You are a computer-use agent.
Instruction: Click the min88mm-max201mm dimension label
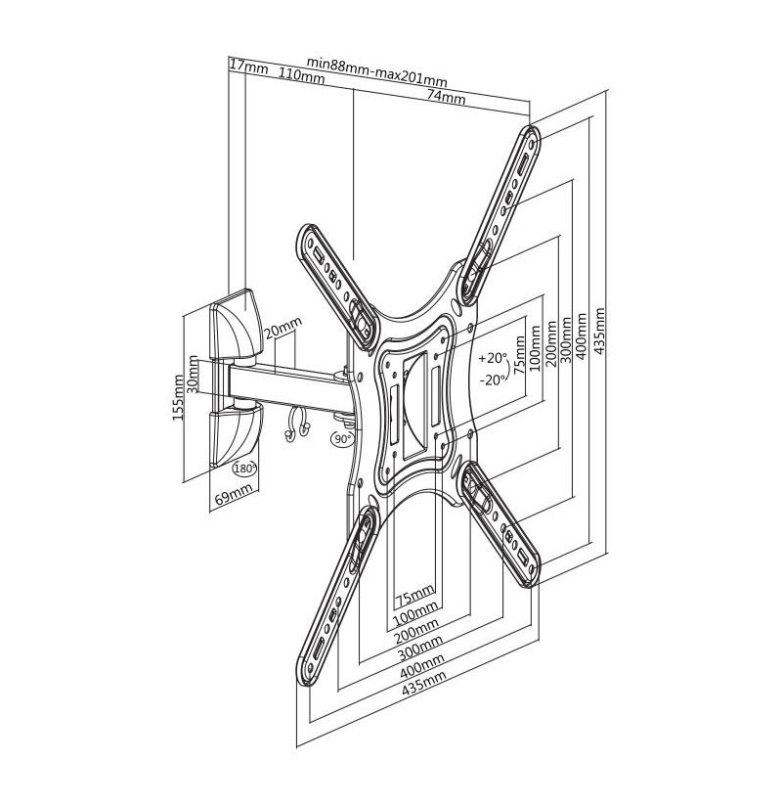click(x=376, y=71)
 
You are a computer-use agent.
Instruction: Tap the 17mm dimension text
click(x=249, y=67)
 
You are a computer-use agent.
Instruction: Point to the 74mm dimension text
click(x=446, y=96)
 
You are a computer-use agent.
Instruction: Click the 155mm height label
click(x=178, y=397)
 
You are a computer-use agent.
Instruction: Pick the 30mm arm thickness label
click(x=193, y=375)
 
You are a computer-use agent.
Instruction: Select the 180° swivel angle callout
click(x=244, y=468)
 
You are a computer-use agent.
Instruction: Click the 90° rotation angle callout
click(x=342, y=438)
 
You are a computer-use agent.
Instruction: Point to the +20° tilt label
click(x=492, y=358)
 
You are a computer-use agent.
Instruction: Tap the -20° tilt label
click(x=492, y=380)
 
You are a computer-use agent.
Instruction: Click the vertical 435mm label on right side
click(x=599, y=331)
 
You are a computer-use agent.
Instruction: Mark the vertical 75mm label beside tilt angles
click(x=519, y=354)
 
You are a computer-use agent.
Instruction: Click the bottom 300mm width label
click(x=419, y=648)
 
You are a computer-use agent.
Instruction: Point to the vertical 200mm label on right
click(x=550, y=343)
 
